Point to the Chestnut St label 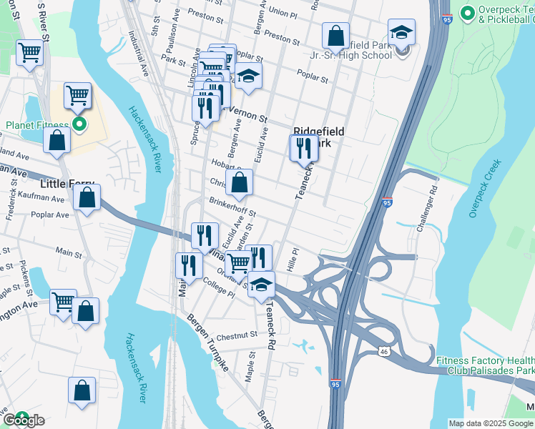[x=237, y=335]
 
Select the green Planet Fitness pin [x=80, y=125]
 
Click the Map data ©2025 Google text [x=490, y=423]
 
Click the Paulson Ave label [x=169, y=42]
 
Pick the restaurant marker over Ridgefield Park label [x=303, y=149]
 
